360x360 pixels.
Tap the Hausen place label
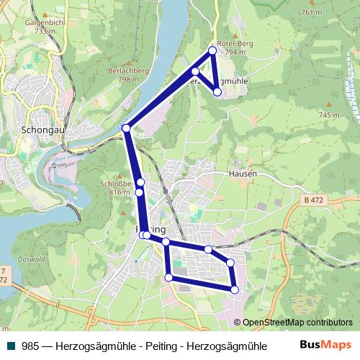243,174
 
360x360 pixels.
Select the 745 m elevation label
328,115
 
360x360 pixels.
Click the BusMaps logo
326,345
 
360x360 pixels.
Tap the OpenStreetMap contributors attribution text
297,323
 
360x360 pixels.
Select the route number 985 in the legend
30,346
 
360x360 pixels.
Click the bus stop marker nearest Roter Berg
212,50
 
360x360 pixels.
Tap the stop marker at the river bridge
126,128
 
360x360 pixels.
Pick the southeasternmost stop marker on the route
234,289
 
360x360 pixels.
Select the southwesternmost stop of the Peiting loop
168,277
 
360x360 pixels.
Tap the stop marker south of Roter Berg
217,92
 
